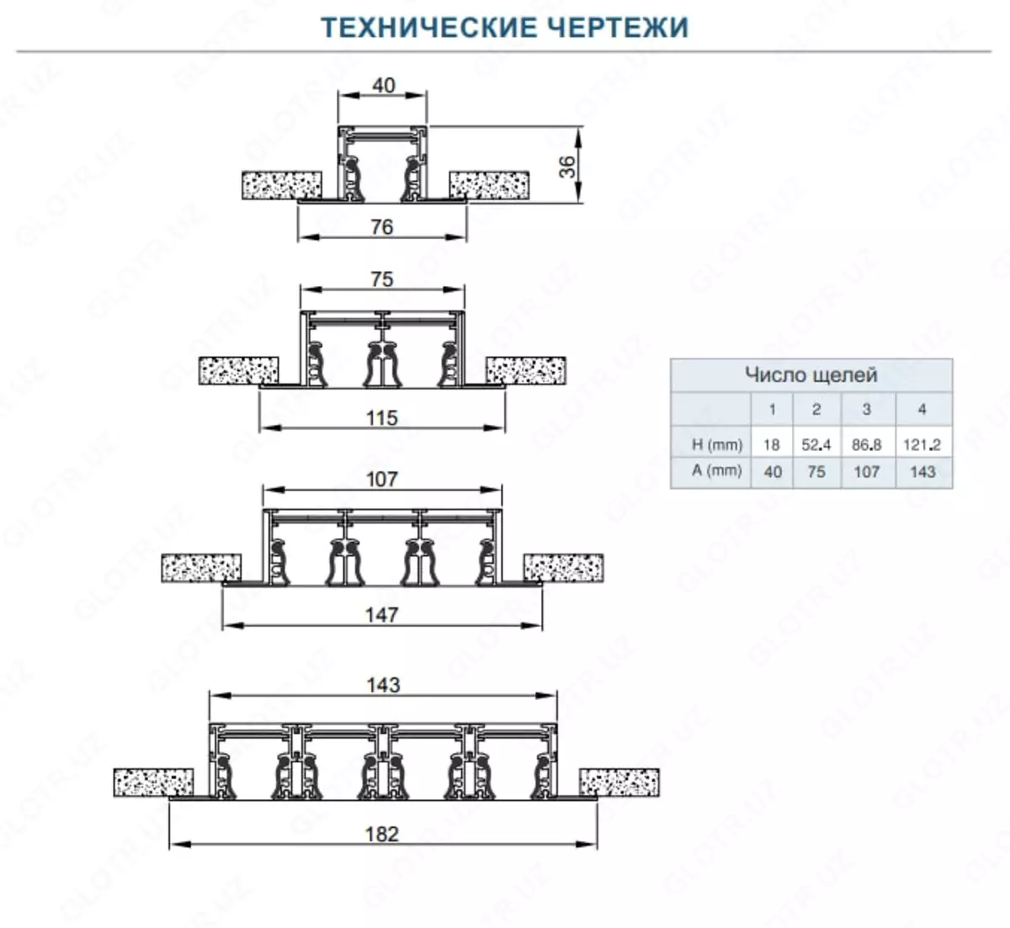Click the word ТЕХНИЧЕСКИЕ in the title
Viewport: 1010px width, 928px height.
(x=417, y=27)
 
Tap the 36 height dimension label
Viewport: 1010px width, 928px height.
(x=569, y=166)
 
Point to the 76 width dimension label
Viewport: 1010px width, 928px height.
(x=382, y=226)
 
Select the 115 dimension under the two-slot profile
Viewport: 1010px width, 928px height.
(x=382, y=417)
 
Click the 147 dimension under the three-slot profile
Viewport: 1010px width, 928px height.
(x=382, y=615)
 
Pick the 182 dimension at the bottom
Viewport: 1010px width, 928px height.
(x=382, y=834)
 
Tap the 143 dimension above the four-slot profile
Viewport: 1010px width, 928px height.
(x=383, y=685)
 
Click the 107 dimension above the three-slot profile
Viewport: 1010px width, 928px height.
(x=382, y=479)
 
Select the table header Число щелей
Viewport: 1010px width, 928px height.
(x=811, y=374)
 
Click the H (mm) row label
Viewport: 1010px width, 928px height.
(x=717, y=444)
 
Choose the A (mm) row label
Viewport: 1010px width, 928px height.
(x=717, y=471)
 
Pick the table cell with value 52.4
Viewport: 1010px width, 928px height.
(x=816, y=444)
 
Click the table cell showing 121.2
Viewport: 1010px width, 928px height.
(x=922, y=444)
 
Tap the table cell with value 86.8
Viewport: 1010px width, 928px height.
(x=867, y=444)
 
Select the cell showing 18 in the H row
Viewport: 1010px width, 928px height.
(x=772, y=444)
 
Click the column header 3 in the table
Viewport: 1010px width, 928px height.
(x=867, y=410)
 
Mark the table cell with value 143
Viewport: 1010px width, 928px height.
(x=922, y=472)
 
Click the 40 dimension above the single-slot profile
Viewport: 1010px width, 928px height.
(x=384, y=86)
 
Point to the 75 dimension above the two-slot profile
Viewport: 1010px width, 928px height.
(x=382, y=279)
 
